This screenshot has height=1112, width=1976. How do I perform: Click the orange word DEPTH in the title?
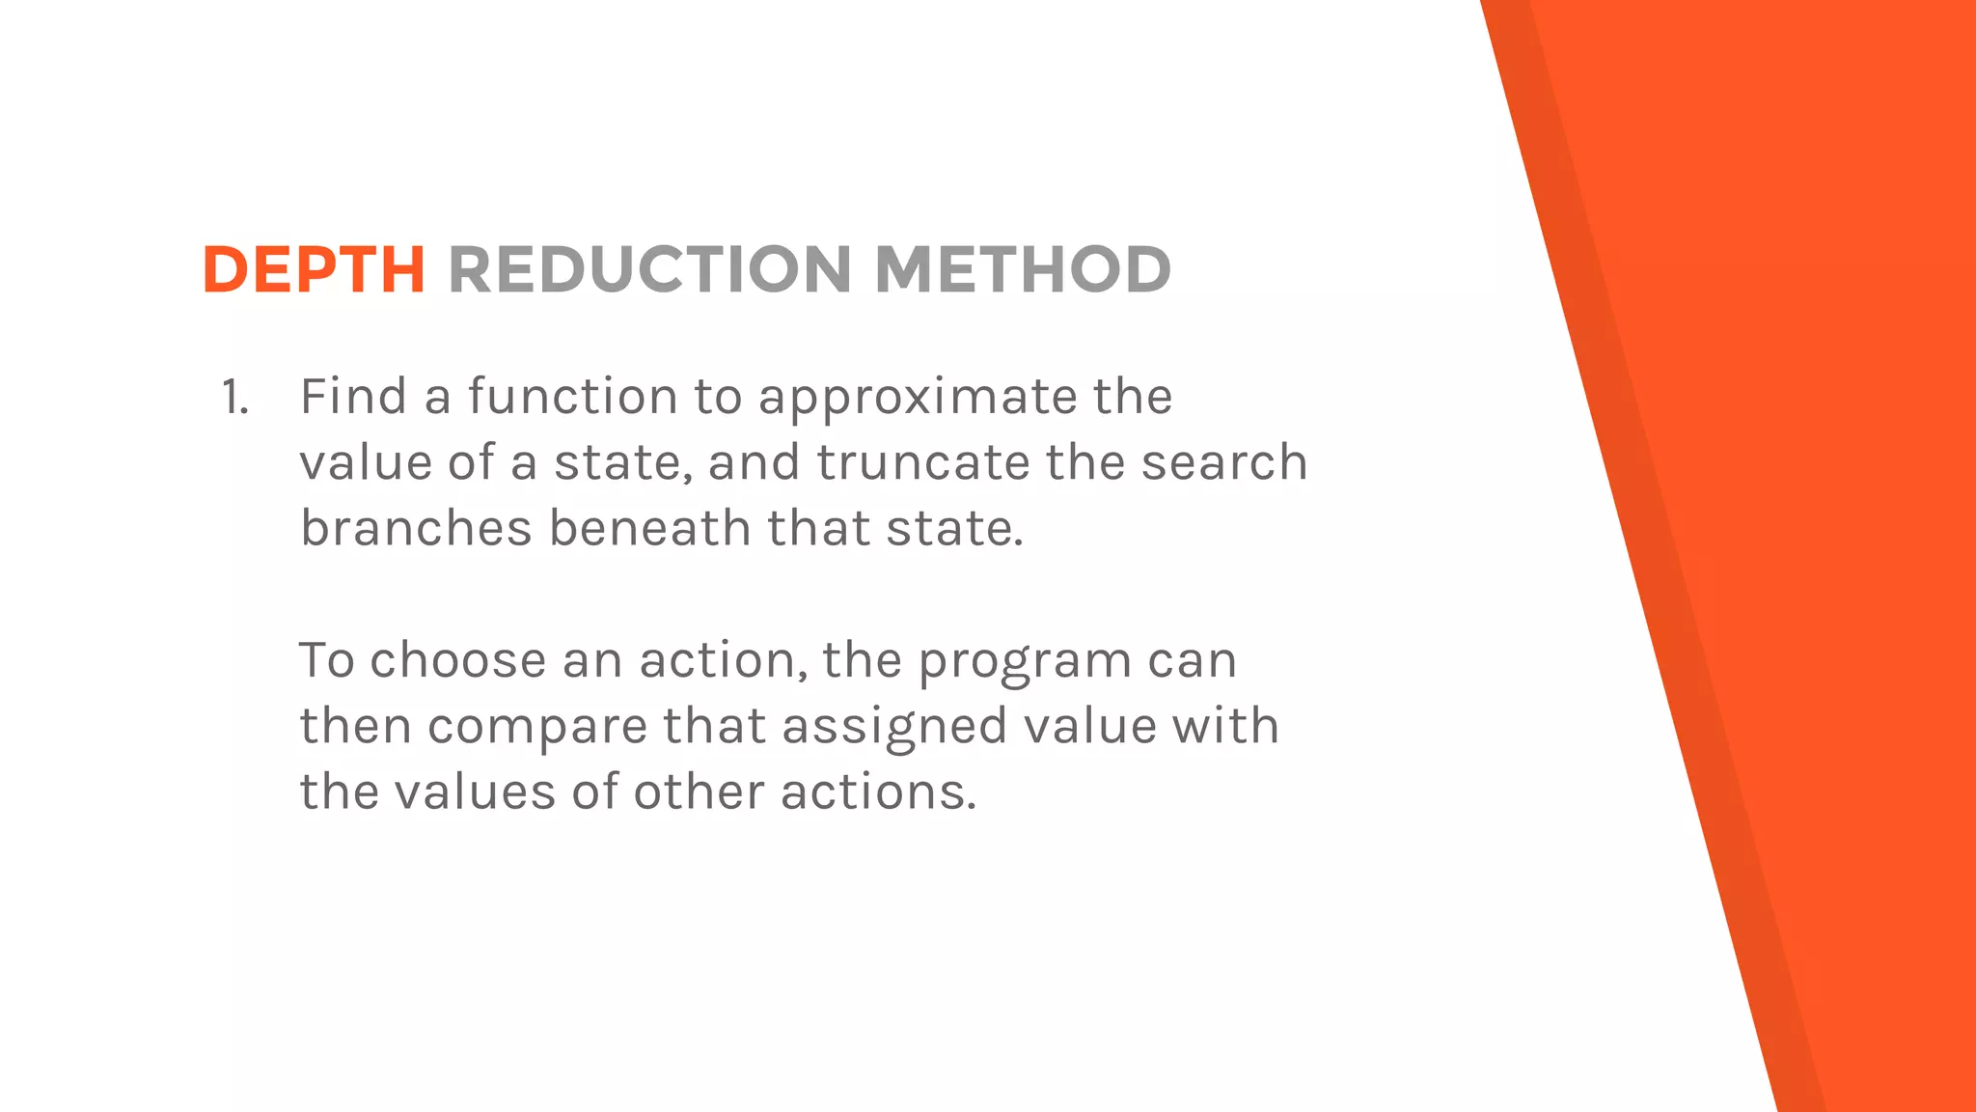(x=314, y=269)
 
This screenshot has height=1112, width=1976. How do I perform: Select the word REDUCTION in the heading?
(x=649, y=269)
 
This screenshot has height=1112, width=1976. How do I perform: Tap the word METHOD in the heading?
(x=1022, y=269)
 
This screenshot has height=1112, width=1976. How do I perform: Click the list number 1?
(x=234, y=397)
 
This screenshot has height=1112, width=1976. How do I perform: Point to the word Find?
(x=353, y=397)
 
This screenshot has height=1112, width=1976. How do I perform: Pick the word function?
(x=573, y=397)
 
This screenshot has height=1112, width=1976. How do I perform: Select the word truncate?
(x=922, y=462)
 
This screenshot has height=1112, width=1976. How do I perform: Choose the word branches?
(x=416, y=528)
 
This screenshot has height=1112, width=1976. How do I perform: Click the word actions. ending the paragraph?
(x=878, y=792)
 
